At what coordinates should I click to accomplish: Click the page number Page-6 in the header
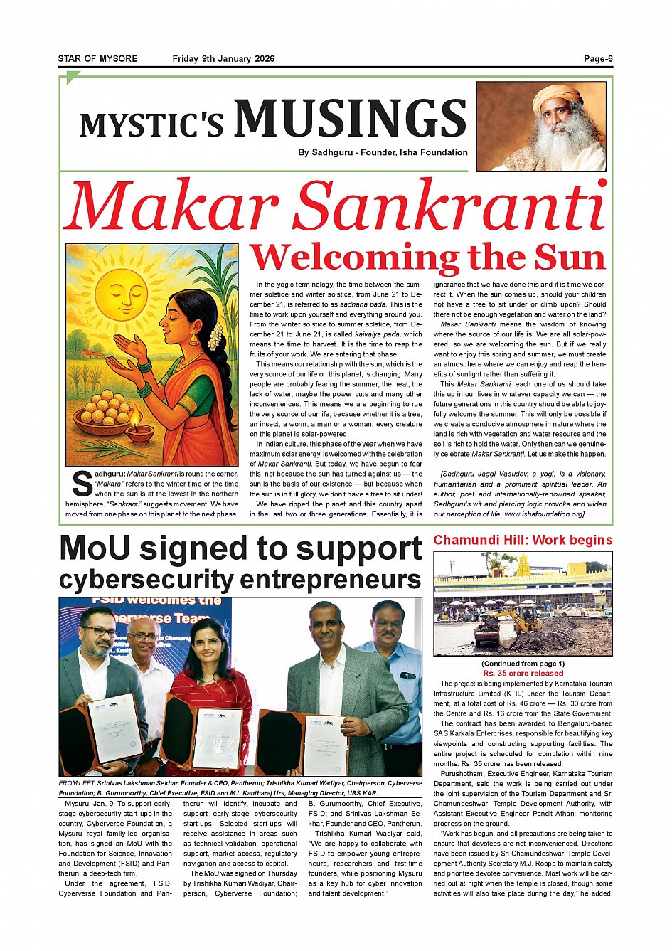pos(597,59)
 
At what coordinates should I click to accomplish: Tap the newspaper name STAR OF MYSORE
pos(98,59)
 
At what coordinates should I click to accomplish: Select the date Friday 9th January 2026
pos(223,59)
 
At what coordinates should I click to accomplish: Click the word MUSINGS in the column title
pos(350,119)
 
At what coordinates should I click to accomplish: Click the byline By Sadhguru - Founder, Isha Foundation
pos(383,152)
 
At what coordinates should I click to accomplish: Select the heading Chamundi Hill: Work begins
pos(523,540)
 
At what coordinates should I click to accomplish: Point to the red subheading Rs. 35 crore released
pos(523,673)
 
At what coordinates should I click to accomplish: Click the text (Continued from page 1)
pos(523,664)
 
